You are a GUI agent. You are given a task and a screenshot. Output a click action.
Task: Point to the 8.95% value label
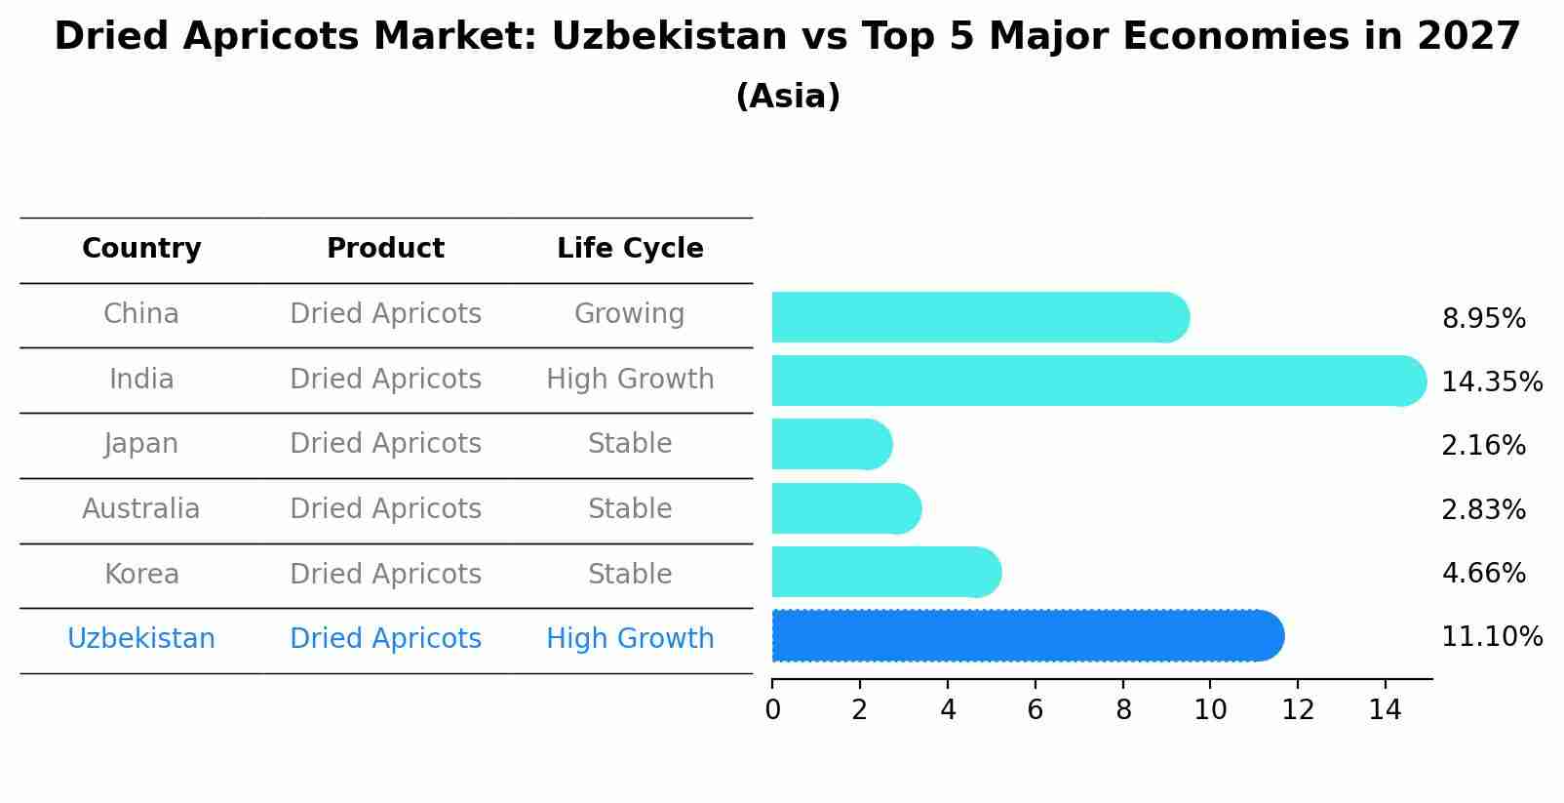tap(1483, 319)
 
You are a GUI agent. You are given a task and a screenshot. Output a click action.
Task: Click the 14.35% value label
tap(1491, 381)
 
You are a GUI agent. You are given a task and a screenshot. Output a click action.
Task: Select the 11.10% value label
tap(1491, 637)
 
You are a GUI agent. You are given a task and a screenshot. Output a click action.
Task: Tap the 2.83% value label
tap(1483, 509)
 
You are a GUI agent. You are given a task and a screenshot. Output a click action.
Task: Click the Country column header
tap(141, 249)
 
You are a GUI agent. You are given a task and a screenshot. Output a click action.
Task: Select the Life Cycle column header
tap(630, 249)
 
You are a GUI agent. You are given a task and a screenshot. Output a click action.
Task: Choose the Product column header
tap(385, 249)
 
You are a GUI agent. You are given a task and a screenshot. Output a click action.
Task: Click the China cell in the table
tap(141, 314)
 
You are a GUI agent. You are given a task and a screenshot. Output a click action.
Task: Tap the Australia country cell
tap(141, 509)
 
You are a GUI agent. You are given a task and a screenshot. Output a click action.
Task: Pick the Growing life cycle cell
tap(630, 314)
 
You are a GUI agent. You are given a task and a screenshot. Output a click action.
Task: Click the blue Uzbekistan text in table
tap(141, 639)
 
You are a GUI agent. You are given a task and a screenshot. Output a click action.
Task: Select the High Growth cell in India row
tap(630, 380)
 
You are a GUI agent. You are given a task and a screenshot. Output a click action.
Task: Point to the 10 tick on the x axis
tap(1210, 710)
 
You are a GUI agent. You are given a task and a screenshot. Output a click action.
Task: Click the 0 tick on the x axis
tap(772, 710)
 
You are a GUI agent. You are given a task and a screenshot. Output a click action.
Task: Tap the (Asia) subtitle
tap(788, 97)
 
